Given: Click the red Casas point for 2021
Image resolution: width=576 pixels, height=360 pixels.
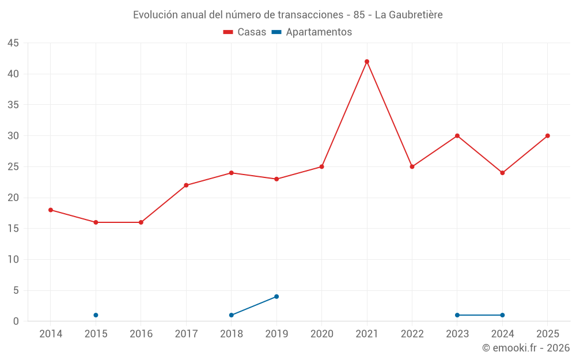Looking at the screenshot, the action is click(x=366, y=62).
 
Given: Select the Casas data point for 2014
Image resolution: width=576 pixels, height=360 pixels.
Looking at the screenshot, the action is click(x=51, y=210).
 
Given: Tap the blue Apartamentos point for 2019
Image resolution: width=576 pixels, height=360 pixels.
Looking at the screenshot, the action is click(x=276, y=297).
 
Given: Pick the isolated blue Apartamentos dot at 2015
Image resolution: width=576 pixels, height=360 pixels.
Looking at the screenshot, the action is click(x=96, y=315).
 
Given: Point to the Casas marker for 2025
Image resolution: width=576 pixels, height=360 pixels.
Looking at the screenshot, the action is click(x=547, y=136).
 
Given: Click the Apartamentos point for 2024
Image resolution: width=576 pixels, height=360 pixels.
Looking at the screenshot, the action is click(x=502, y=315).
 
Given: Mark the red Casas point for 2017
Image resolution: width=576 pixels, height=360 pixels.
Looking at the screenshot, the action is click(x=186, y=185).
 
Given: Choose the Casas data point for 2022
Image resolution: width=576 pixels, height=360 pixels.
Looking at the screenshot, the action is click(x=412, y=167).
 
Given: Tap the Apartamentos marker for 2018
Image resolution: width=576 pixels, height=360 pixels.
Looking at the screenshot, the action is click(x=232, y=315).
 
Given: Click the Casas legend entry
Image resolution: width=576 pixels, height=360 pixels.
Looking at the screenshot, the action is click(x=245, y=32).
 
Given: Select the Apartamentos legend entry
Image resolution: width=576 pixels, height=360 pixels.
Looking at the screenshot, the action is click(x=312, y=32).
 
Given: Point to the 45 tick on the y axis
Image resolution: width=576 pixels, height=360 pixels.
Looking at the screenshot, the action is click(x=13, y=43).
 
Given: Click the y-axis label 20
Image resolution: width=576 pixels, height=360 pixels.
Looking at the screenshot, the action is click(x=13, y=198).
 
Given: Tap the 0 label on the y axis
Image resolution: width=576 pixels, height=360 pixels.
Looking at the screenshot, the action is click(x=16, y=321).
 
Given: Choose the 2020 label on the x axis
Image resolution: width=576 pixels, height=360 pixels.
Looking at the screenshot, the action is click(x=322, y=334).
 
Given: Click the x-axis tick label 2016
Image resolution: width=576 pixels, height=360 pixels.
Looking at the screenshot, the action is click(x=141, y=334).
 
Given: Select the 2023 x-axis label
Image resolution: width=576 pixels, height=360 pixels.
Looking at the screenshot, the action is click(x=457, y=334).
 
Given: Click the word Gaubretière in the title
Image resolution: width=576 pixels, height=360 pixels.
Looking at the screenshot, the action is click(x=416, y=15).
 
